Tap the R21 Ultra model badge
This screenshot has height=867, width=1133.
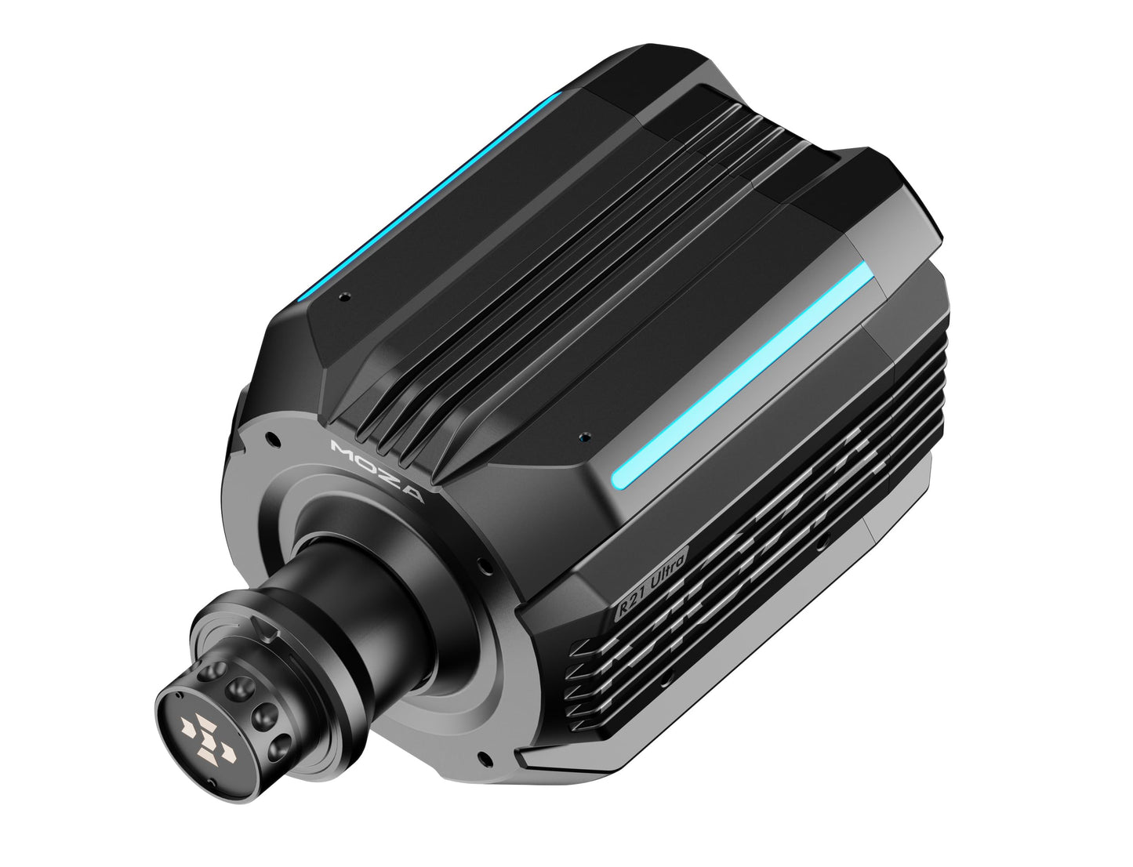[652, 582]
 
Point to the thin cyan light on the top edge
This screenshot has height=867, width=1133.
[429, 197]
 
